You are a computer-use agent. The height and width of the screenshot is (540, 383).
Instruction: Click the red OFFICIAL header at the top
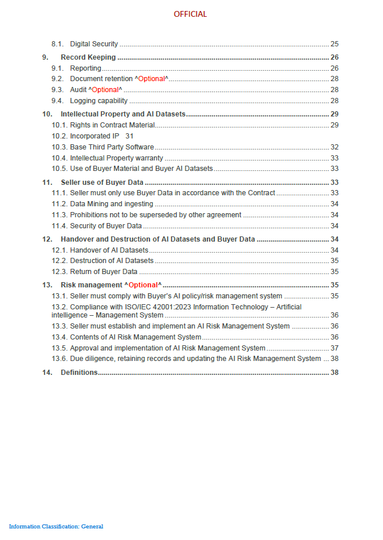[190, 14]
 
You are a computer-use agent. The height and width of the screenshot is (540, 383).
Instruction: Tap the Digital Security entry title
[94, 44]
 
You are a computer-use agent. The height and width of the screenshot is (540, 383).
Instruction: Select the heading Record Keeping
[88, 57]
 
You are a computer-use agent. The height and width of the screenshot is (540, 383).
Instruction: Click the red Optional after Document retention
[151, 79]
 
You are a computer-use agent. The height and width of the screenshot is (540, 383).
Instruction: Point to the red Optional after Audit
[105, 90]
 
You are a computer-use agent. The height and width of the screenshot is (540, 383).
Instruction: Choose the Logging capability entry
[99, 101]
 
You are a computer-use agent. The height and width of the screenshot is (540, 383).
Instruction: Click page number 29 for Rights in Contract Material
[334, 125]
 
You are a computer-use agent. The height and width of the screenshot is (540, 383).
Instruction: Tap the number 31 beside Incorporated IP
[129, 136]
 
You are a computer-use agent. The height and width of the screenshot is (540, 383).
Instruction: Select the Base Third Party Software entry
[112, 147]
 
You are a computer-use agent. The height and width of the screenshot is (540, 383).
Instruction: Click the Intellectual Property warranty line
[116, 158]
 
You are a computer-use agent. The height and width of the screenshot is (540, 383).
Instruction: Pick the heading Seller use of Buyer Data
[102, 183]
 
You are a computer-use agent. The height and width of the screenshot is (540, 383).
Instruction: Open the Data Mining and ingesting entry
[111, 204]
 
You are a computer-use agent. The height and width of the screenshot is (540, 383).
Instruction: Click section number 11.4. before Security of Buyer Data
[59, 226]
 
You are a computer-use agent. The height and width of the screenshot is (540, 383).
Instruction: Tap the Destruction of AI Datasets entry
[112, 261]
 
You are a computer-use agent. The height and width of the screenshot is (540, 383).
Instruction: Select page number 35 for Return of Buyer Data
[334, 272]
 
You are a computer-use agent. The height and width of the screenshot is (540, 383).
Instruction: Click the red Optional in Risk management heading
[143, 285]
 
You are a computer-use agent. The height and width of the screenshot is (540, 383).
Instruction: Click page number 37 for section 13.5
[334, 348]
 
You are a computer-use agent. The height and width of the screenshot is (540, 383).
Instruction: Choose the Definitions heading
[79, 373]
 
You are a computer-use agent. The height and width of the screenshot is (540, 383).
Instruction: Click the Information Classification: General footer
[56, 527]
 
